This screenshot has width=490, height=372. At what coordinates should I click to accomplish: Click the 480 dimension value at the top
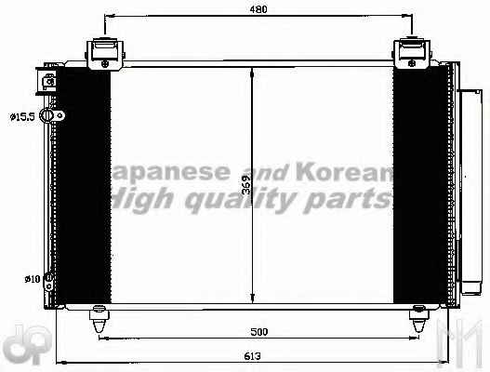coord(258,9)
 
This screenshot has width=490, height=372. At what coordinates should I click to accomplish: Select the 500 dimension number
coord(259,332)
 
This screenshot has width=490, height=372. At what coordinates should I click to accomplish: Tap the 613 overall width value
coord(253,356)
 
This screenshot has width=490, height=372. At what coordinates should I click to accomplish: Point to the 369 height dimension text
coord(246,184)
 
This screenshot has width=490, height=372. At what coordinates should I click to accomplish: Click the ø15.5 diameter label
coord(22,117)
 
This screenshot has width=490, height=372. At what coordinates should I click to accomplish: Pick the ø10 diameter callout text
coord(33,279)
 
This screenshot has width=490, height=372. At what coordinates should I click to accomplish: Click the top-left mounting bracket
coord(105,54)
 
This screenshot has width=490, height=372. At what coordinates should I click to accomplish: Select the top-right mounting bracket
coord(412,54)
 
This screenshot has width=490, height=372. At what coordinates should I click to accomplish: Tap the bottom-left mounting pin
coord(99,319)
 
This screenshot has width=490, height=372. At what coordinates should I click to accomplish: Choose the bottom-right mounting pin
coord(418,319)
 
